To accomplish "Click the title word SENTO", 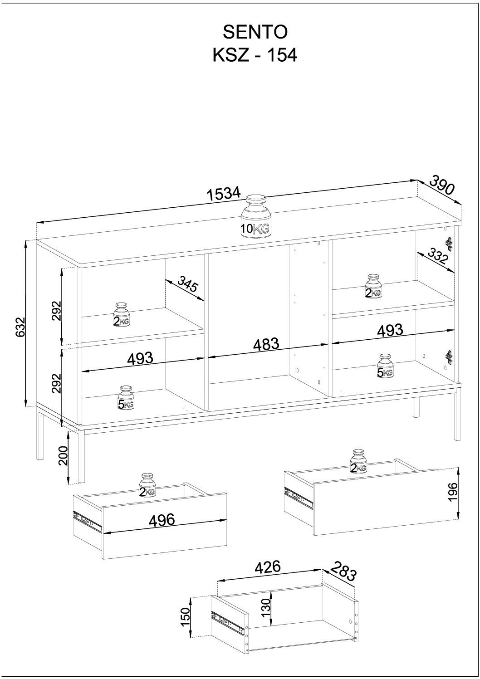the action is [255, 32].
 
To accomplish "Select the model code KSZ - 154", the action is [255, 55].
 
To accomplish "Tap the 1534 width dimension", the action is [225, 194].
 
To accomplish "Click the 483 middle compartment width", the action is [266, 344].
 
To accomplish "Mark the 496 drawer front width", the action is [162, 520].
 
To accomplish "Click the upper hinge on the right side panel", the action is [448, 243].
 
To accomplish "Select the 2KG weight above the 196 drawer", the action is [358, 461].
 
